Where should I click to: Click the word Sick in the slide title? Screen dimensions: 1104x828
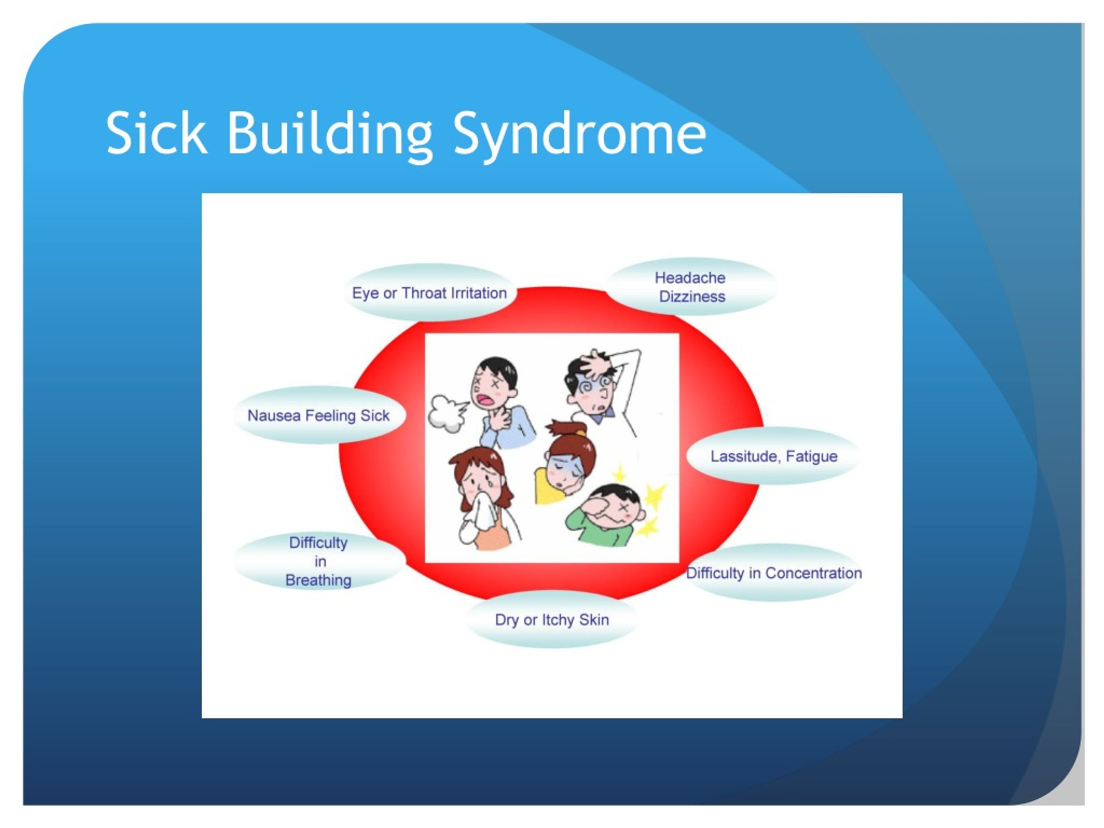[x=156, y=133]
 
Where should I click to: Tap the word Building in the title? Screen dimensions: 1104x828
[x=330, y=136]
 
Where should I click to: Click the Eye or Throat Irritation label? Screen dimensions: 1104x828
[x=429, y=293]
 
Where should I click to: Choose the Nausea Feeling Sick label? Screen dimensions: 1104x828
[x=318, y=415]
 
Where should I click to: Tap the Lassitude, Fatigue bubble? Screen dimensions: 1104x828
[x=774, y=456]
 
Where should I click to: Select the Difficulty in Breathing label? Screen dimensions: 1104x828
[x=318, y=561]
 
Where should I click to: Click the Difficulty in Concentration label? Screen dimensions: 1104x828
[x=774, y=573]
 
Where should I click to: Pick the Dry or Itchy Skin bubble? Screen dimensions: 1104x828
[x=552, y=620]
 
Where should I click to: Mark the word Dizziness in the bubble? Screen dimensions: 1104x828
[x=692, y=296]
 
